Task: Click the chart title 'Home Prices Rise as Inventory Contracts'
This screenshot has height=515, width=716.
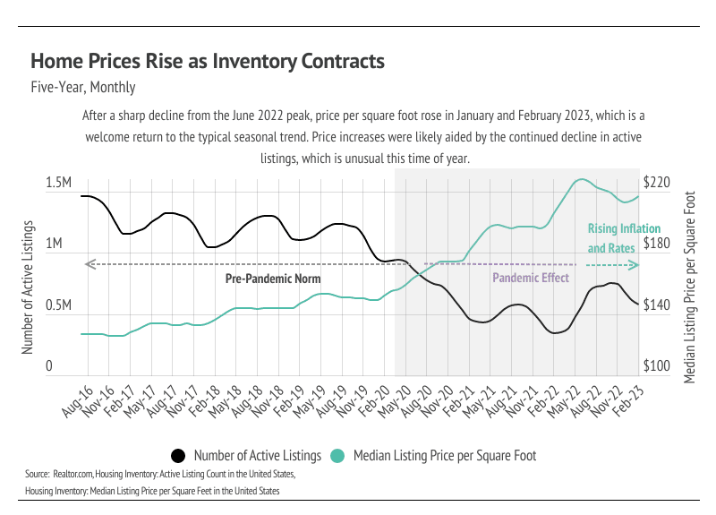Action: click(x=208, y=61)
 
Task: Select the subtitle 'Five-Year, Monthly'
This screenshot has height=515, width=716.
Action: click(x=82, y=88)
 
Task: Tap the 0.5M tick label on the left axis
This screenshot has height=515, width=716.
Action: click(x=58, y=305)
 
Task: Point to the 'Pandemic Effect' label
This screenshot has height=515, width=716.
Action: click(x=531, y=279)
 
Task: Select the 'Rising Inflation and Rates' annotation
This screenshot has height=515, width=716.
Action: click(x=611, y=238)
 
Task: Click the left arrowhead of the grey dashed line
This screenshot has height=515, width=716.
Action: click(x=87, y=264)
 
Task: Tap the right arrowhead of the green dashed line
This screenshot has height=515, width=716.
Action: click(x=635, y=265)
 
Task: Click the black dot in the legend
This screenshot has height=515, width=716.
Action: click(x=177, y=455)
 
